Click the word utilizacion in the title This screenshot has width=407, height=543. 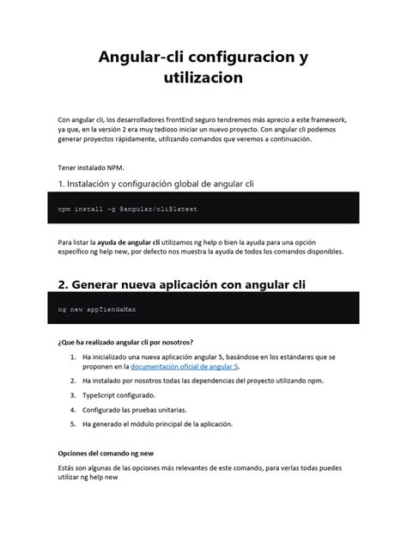point(203,78)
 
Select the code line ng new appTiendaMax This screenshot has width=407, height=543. point(90,308)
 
